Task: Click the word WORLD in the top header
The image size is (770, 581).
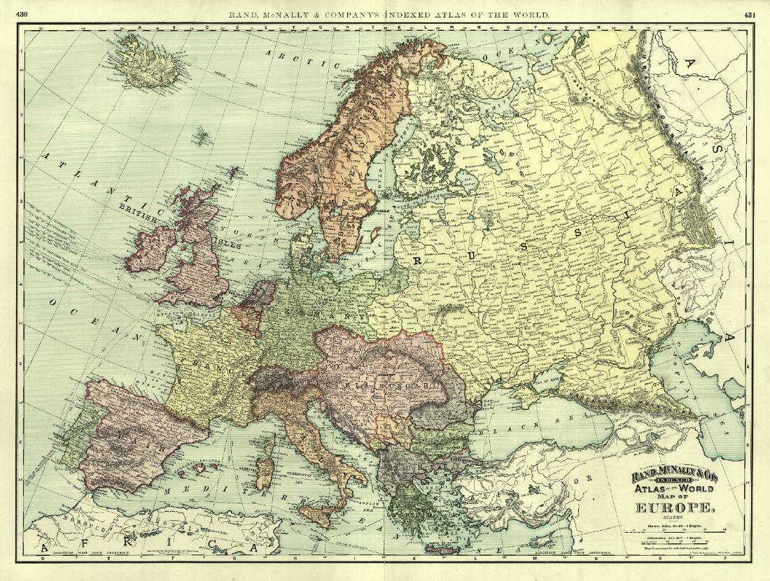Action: pos(525,14)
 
